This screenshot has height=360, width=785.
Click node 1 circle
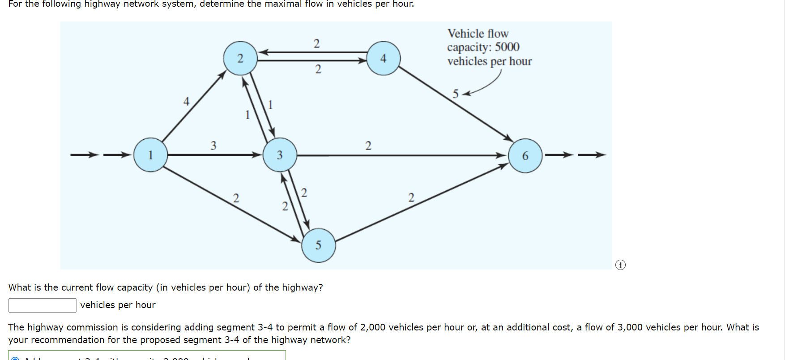151,155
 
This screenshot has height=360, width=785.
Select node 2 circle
240,58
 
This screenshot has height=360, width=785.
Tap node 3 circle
280,155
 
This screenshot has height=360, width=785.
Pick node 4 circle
384,58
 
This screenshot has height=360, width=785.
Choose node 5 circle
319,245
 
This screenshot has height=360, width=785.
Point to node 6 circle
525,155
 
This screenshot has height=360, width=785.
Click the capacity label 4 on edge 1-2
186,102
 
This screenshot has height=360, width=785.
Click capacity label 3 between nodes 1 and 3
213,146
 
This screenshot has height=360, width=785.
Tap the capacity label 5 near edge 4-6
456,94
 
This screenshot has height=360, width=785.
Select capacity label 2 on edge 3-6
368,146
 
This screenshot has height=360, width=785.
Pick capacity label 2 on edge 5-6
411,197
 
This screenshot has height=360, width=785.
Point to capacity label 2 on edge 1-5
236,198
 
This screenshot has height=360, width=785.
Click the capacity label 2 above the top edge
317,43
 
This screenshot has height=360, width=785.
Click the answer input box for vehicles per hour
43,305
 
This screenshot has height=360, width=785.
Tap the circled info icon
620,265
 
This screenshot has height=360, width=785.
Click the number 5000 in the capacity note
507,47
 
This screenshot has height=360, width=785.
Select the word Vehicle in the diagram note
466,34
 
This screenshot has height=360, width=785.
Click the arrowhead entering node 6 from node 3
501,155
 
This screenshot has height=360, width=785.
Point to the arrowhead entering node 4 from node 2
363,60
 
